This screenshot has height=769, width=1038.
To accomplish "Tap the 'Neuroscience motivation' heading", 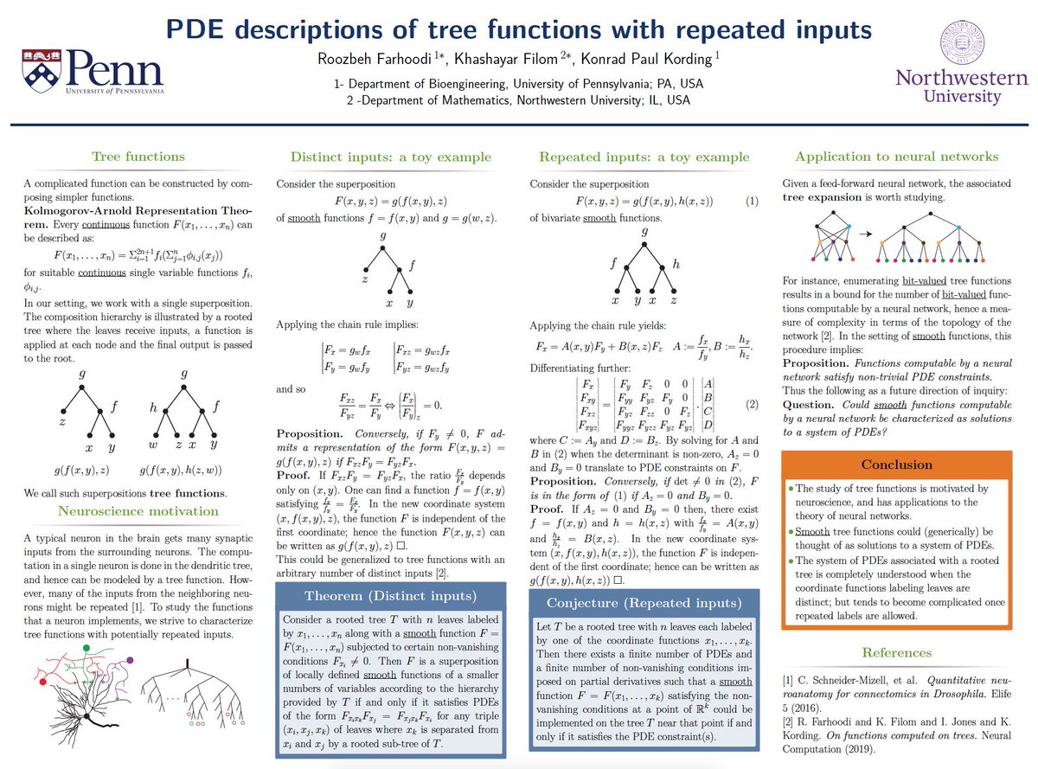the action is click(x=138, y=511).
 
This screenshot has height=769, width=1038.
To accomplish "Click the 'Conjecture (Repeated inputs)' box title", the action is click(x=645, y=603).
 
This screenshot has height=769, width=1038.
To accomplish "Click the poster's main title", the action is click(x=518, y=29).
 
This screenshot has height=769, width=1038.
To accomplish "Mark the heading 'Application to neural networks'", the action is click(x=896, y=157).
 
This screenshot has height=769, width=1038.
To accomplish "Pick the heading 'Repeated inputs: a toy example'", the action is click(x=644, y=157).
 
